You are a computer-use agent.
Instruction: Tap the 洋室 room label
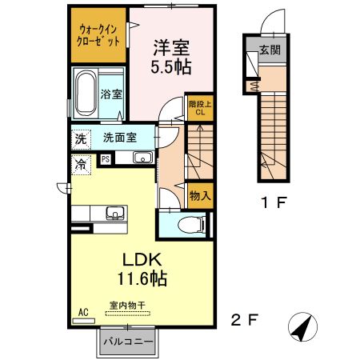[x=170, y=46]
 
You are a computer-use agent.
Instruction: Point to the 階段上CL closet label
[x=200, y=107]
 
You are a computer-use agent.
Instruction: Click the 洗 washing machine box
[x=81, y=138]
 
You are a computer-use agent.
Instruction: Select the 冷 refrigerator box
[x=81, y=163]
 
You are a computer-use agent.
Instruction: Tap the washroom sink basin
[x=142, y=157]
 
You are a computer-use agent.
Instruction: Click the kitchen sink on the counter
[x=114, y=213]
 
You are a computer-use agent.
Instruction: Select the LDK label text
[x=142, y=259]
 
